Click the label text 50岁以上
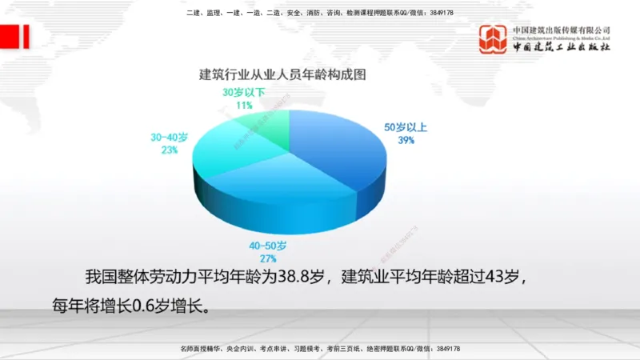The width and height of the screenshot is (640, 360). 406,127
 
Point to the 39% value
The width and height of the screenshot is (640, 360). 406,140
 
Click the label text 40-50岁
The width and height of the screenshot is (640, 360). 267,245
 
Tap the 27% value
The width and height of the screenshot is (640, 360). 267,258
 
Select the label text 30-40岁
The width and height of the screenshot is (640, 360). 169,137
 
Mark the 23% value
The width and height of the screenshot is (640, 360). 169,150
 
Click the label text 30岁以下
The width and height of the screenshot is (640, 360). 243,93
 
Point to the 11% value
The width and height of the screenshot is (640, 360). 244,105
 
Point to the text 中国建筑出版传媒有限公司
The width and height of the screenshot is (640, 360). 562,30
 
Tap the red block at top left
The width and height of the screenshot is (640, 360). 15,37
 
